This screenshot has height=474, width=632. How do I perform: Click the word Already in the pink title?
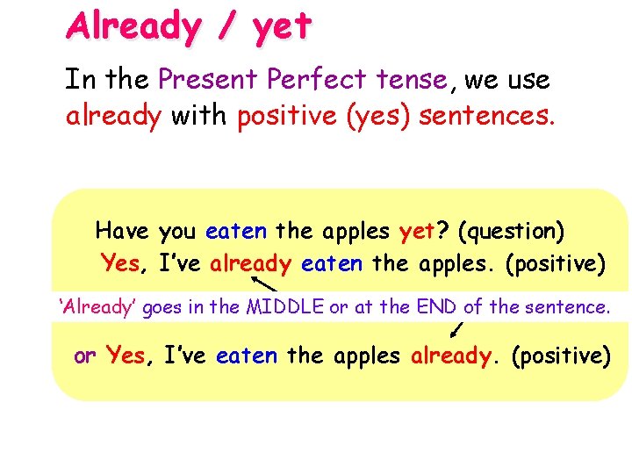point(133,25)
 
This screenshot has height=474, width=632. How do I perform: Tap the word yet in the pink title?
point(281,27)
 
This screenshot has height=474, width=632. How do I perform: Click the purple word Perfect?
point(319,81)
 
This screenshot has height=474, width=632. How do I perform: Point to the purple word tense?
point(412,81)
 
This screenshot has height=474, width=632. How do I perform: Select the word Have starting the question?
point(122,232)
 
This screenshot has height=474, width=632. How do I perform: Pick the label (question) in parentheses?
point(511,233)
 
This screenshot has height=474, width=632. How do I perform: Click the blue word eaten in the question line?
point(236,232)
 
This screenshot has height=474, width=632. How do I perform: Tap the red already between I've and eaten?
point(250,262)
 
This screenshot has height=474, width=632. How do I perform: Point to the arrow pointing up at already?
point(264,284)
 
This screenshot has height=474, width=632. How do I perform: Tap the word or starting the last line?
point(85,356)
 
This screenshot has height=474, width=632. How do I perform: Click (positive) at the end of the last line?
point(560,356)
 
